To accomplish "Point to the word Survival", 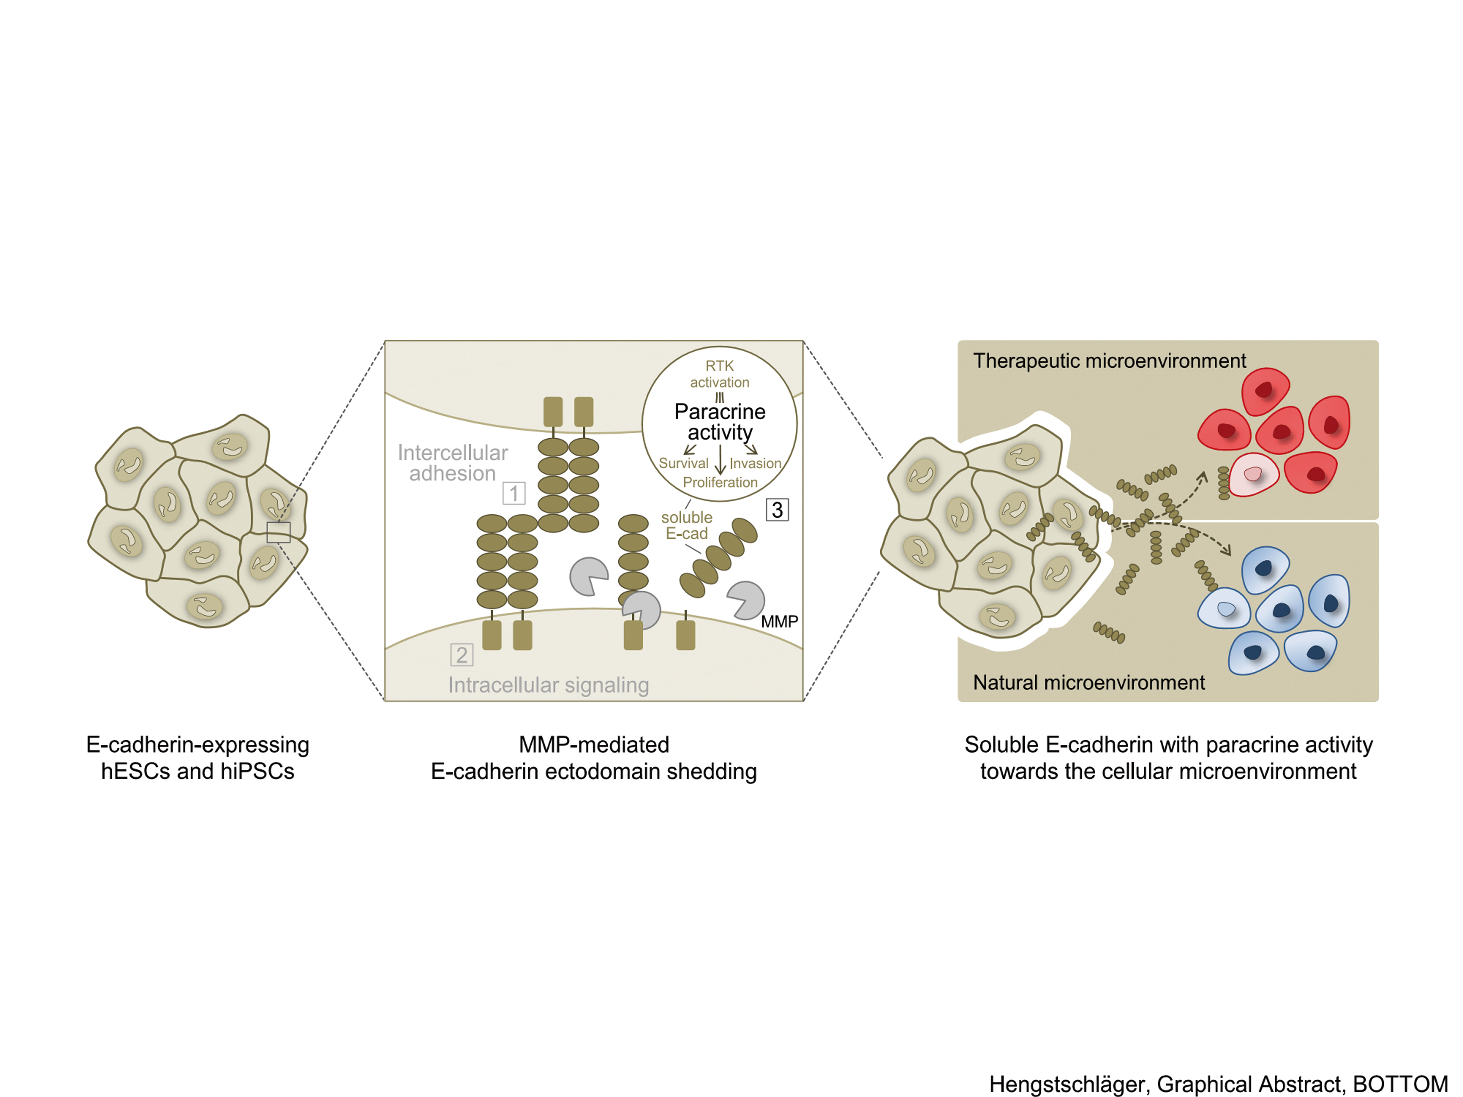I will coord(683,463).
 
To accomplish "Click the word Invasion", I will coord(755,463).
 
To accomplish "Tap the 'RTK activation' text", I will coord(720,374).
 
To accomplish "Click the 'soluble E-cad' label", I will coord(687,525).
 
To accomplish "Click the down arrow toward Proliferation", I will coord(720,460).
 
